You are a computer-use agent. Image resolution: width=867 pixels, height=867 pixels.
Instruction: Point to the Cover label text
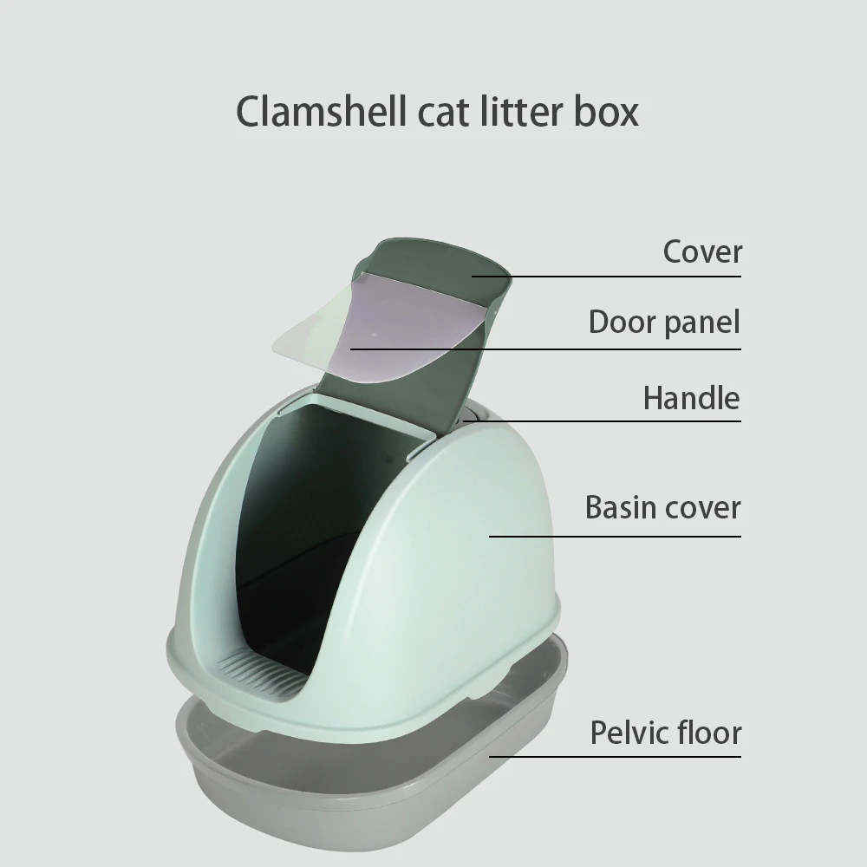click(x=702, y=252)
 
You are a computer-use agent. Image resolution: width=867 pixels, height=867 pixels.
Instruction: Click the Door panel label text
click(x=664, y=323)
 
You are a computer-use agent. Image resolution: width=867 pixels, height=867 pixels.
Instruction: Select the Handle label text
click(x=691, y=399)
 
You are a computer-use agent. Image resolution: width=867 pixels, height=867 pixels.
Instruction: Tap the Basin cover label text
click(x=662, y=507)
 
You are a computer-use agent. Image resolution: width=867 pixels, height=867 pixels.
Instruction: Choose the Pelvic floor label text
click(x=666, y=733)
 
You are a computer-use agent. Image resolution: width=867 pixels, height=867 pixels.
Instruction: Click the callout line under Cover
click(x=607, y=277)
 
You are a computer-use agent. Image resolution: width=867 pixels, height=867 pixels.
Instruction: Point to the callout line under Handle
click(x=607, y=421)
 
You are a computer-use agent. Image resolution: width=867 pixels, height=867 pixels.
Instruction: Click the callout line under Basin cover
click(x=616, y=536)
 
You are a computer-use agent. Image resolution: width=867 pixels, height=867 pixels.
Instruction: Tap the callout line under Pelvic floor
click(x=616, y=756)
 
